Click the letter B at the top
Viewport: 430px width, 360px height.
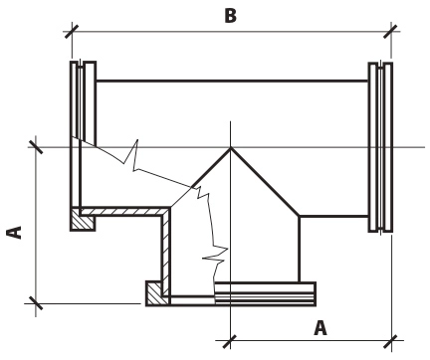click(231, 16)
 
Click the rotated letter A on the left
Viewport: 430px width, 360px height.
click(14, 233)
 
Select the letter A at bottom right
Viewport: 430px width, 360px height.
click(321, 328)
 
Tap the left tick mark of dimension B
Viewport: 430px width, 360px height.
click(72, 32)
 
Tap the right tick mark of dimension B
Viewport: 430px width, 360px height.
click(391, 32)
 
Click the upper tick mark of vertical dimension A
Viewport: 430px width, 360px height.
click(36, 147)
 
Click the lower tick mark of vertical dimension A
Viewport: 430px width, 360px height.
click(36, 303)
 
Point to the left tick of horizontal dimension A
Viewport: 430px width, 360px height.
click(230, 341)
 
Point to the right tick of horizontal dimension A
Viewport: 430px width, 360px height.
click(391, 341)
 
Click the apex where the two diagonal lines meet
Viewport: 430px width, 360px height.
click(231, 148)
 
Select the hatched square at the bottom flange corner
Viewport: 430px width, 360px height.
click(158, 293)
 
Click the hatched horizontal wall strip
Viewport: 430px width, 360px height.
click(125, 211)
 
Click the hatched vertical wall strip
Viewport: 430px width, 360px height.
click(166, 252)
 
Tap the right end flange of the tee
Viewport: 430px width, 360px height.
click(380, 147)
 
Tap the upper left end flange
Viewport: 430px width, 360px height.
click(84, 102)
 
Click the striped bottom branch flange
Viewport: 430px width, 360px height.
click(265, 293)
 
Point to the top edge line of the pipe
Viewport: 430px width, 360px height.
click(232, 81)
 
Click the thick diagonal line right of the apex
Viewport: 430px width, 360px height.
click(265, 182)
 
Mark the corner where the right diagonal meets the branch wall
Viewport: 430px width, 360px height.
click(300, 217)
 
